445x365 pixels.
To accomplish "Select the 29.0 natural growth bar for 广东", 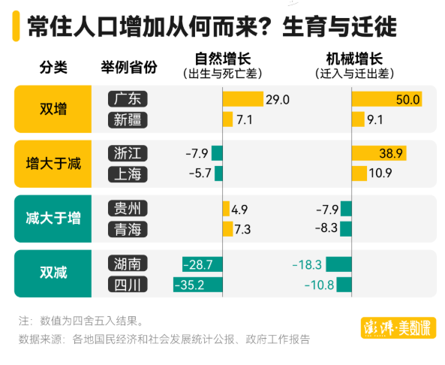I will [243, 99].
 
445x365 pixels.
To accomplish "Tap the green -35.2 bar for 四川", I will [198, 285].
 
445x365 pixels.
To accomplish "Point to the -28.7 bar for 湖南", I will [203, 264].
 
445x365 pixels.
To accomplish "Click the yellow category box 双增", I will [53, 109].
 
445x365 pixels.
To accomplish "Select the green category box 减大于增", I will [53, 219].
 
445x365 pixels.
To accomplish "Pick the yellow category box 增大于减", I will [53, 164].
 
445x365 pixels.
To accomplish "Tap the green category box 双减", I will [53, 273].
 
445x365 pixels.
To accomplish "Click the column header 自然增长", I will [218, 59].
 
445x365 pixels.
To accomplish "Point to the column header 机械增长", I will [353, 59].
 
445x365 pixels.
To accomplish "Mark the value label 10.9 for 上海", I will [380, 174].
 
